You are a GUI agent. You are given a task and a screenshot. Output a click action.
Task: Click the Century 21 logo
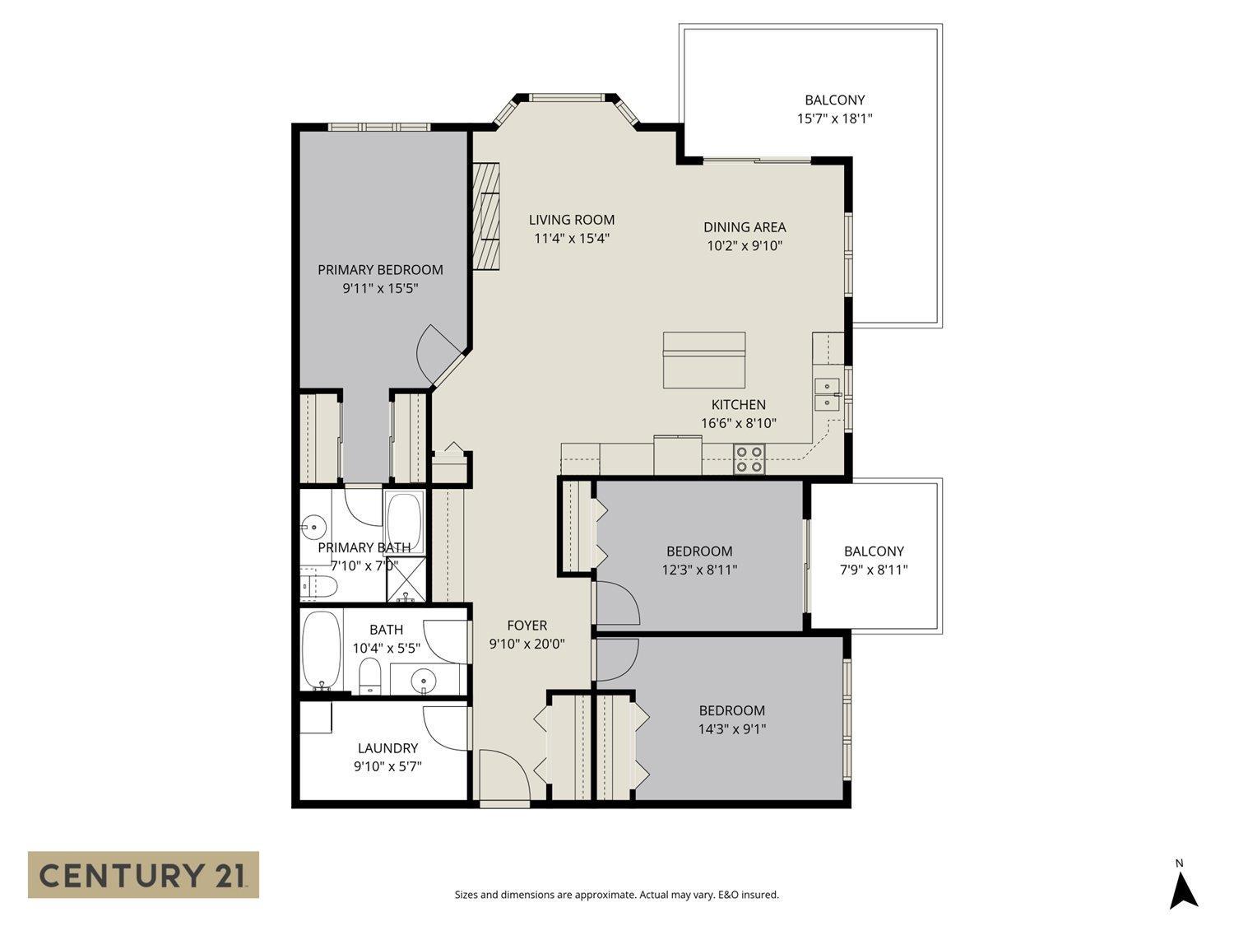coord(143,874)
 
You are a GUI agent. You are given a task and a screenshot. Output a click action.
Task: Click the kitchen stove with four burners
coord(749,458)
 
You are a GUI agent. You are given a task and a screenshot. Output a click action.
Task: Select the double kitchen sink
coord(826,394)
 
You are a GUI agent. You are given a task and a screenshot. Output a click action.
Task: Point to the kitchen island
coord(704,360)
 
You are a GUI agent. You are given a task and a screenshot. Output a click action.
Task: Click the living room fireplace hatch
coord(486,215)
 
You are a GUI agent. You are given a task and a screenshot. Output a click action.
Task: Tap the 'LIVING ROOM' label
coord(571,220)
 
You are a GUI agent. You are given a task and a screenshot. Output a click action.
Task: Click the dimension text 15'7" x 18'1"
coord(834,119)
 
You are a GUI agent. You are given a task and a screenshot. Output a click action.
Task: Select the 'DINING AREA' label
coord(745,227)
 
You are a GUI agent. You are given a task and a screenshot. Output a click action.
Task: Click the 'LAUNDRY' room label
coord(387,748)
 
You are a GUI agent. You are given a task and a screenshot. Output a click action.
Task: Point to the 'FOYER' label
coord(527,626)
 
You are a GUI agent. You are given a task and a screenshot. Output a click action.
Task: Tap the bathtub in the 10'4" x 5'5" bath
coord(320,651)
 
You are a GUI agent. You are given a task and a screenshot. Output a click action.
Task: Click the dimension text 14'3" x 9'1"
coord(731,728)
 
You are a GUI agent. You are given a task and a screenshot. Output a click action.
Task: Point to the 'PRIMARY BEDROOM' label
coord(380,270)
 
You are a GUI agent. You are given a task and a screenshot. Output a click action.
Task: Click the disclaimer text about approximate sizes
coord(616,895)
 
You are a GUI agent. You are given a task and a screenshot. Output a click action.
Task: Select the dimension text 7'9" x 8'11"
coord(874,570)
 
